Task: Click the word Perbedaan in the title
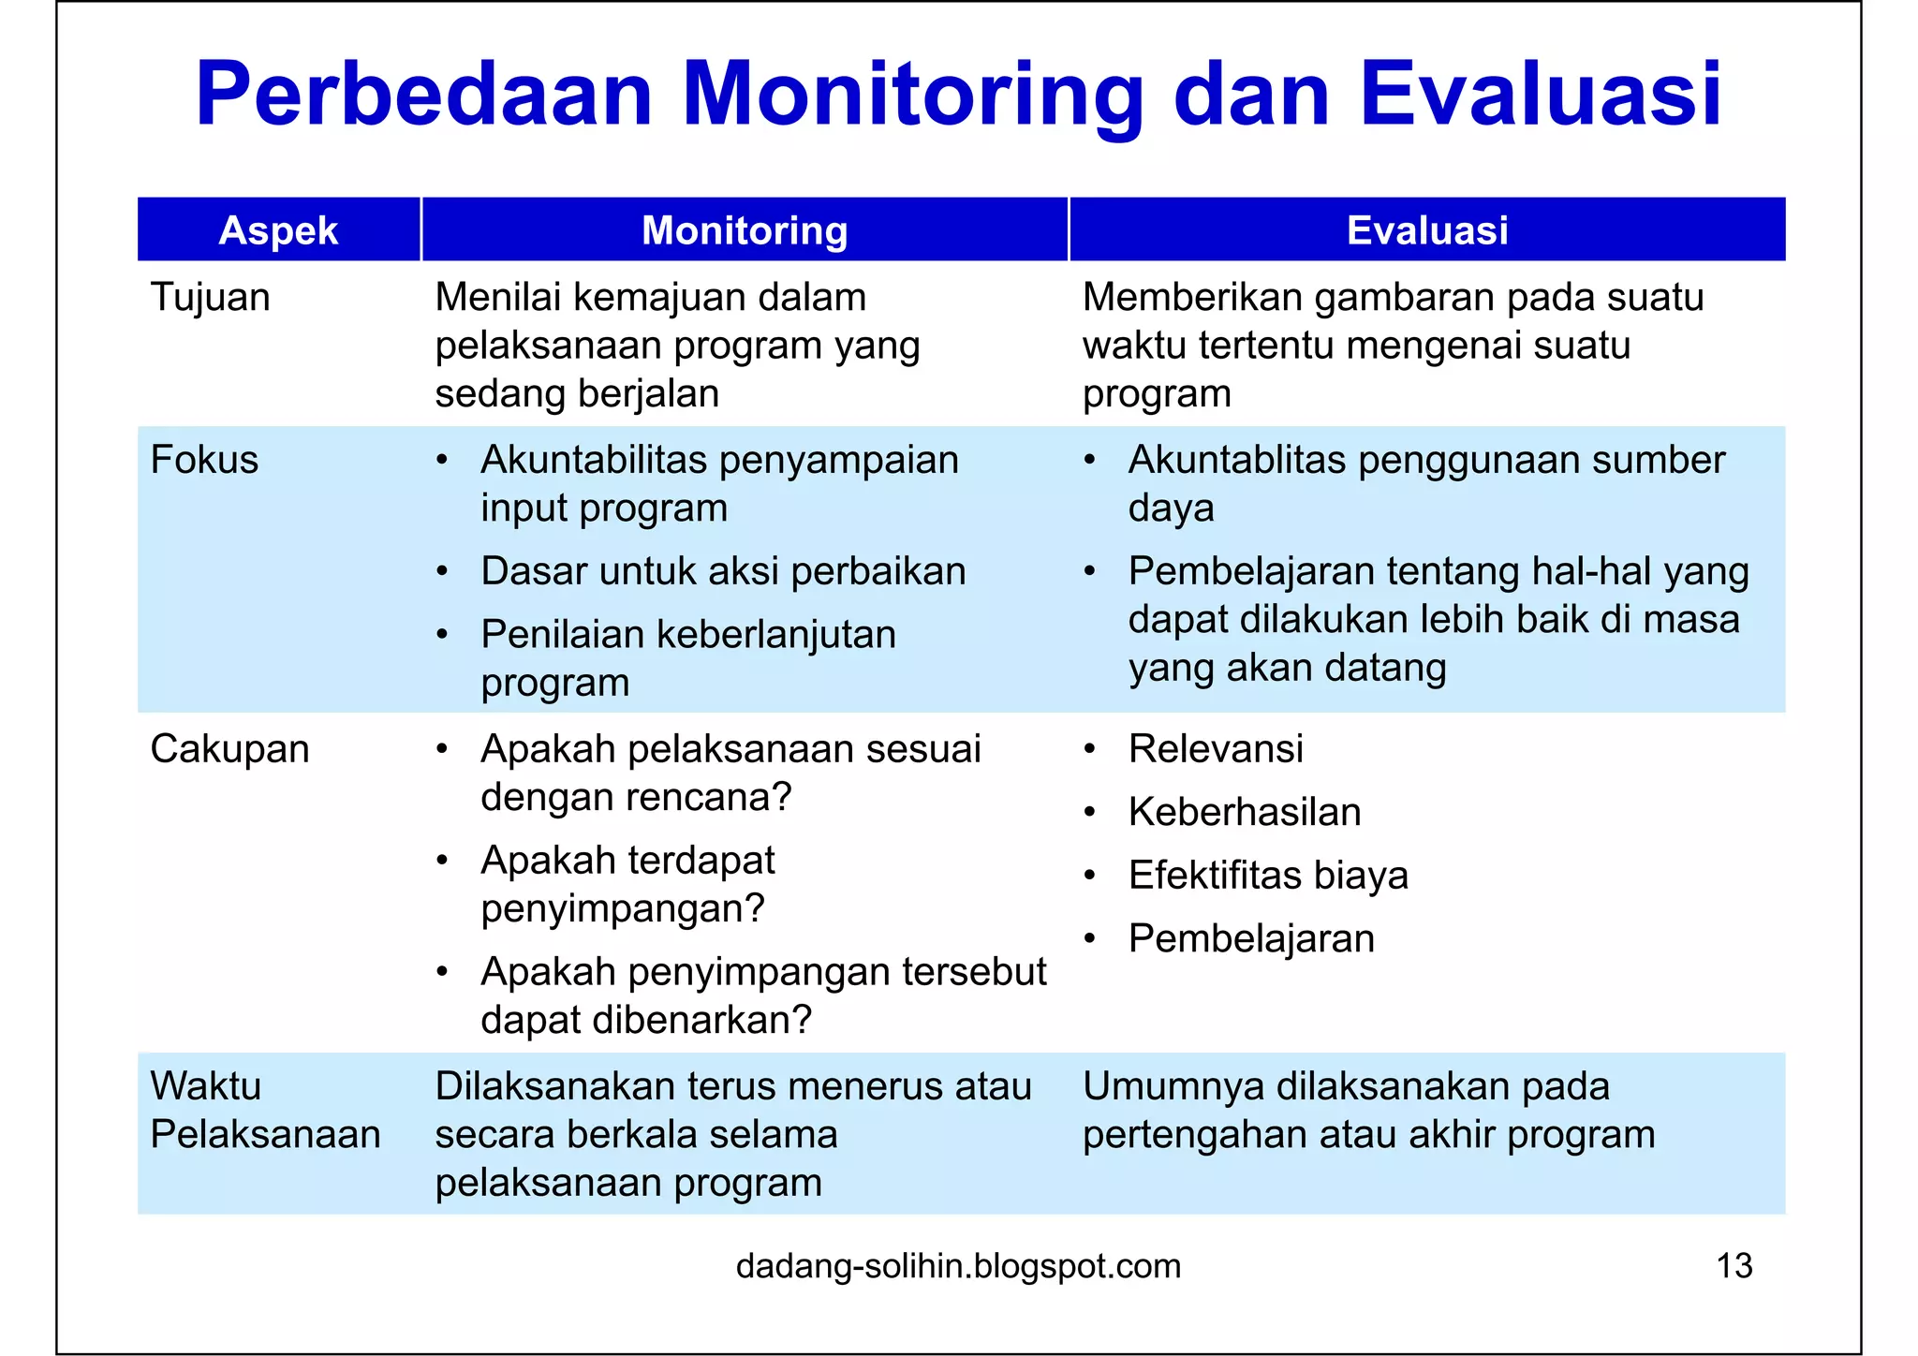click(x=423, y=96)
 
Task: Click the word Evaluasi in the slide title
click(x=1540, y=96)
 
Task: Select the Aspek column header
click(x=278, y=230)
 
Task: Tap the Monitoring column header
click(x=745, y=230)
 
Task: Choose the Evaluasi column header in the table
click(x=1426, y=230)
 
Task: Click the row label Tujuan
click(x=210, y=298)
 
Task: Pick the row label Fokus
click(x=204, y=461)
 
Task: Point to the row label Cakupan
click(x=229, y=749)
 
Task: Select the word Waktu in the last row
click(x=205, y=1086)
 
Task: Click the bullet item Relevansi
click(x=1215, y=749)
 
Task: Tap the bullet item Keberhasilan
click(x=1244, y=812)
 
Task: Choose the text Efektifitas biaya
click(x=1267, y=876)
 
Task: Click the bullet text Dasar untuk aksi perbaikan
click(x=722, y=571)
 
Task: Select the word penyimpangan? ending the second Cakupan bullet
click(x=622, y=909)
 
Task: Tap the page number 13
click(x=1734, y=1266)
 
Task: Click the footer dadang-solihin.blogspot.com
click(x=958, y=1266)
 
